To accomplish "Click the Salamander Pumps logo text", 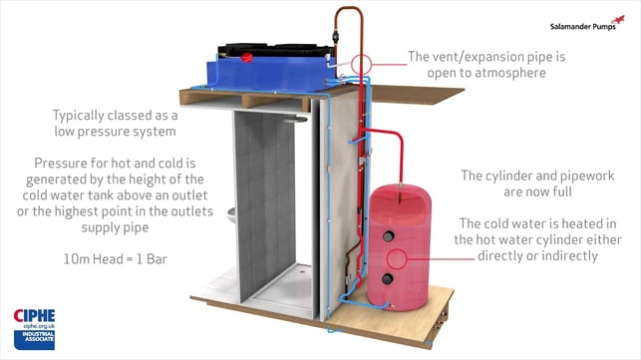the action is pos(582,27).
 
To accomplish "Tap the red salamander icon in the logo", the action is pos(618,20).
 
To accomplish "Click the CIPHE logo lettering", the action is pos(34,316).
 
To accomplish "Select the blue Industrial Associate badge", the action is pos(34,340).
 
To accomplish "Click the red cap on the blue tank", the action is pos(246,58).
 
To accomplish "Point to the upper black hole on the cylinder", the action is pos(388,236).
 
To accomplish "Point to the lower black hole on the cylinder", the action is pos(387,279).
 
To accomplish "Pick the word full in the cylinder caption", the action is pos(563,191).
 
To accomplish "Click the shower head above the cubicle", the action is pos(295,119).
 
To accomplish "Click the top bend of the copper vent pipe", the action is pos(349,8).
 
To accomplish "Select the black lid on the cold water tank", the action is pos(276,50).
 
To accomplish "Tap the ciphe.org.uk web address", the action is pos(39,326).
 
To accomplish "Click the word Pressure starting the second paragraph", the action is pos(61,164).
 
